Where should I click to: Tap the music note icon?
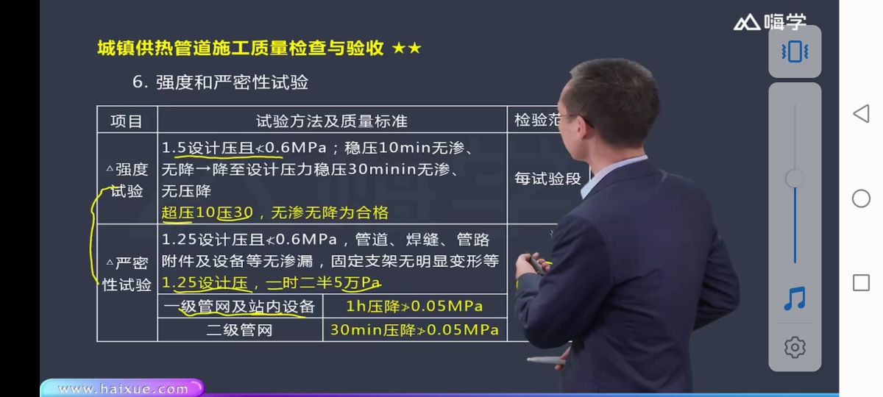[x=795, y=298]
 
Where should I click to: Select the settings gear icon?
[x=795, y=347]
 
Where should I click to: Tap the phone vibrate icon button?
[x=795, y=51]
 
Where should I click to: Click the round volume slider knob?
[x=795, y=179]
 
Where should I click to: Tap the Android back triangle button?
[x=861, y=113]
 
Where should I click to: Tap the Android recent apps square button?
[x=861, y=283]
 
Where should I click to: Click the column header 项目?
[x=127, y=121]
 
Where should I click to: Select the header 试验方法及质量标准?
[x=331, y=121]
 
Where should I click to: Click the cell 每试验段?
[x=547, y=179]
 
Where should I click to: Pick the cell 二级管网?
[x=240, y=330]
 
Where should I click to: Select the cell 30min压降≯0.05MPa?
[x=414, y=330]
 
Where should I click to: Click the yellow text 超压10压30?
[x=207, y=213]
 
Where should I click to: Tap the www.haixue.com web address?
[x=123, y=389]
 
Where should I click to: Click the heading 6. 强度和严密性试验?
[x=220, y=82]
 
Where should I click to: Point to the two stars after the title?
[x=407, y=49]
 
